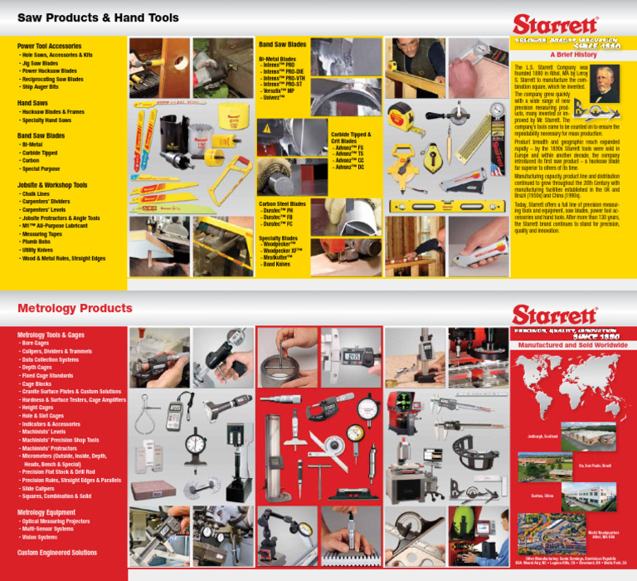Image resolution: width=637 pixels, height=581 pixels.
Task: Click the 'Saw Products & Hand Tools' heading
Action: pos(98,17)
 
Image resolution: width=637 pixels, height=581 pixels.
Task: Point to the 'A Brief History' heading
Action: pos(568,54)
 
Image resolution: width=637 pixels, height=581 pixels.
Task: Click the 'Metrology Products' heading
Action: pos(75,309)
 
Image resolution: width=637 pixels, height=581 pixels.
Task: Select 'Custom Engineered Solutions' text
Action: pos(57,553)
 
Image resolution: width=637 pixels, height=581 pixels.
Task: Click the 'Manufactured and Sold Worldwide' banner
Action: pos(572,344)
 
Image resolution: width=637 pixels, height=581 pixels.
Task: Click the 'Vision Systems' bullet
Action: pos(39,537)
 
